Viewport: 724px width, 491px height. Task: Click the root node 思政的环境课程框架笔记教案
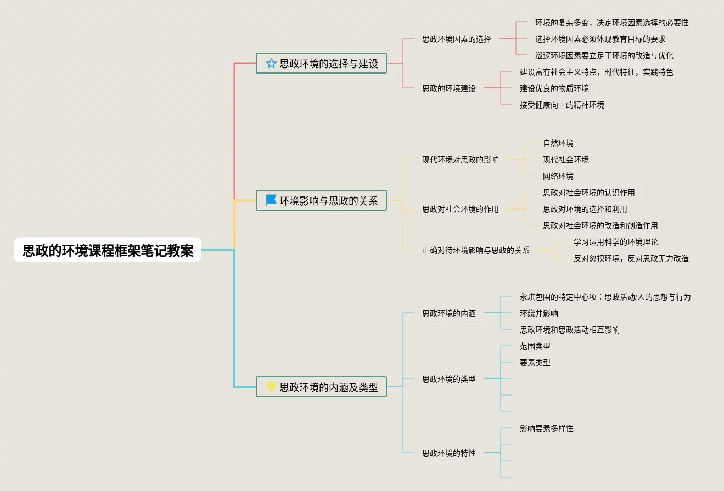click(108, 251)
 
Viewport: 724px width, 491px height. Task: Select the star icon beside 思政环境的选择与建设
click(271, 63)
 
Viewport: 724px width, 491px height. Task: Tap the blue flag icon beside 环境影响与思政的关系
click(271, 200)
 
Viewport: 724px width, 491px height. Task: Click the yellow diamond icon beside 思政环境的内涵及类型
click(271, 387)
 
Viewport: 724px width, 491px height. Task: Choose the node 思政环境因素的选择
click(456, 39)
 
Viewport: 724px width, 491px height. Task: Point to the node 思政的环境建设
click(448, 88)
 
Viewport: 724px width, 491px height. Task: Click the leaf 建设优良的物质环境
click(554, 88)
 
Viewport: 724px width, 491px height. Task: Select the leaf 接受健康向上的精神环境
click(562, 105)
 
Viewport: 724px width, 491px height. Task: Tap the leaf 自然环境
click(558, 143)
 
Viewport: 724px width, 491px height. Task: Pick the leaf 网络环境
click(558, 176)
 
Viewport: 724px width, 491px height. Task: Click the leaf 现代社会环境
click(565, 160)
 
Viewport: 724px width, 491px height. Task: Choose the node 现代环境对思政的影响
click(460, 160)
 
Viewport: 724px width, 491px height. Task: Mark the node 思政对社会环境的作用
click(460, 209)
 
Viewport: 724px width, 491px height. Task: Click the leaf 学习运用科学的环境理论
click(615, 242)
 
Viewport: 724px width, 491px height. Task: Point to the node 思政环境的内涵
click(448, 313)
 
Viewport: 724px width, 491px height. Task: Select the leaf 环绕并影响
click(538, 313)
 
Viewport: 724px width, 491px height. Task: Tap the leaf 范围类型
click(535, 346)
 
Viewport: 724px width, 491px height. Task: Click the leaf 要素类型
click(535, 363)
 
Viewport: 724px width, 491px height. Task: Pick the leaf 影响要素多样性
click(546, 428)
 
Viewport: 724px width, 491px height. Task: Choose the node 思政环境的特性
click(448, 453)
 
